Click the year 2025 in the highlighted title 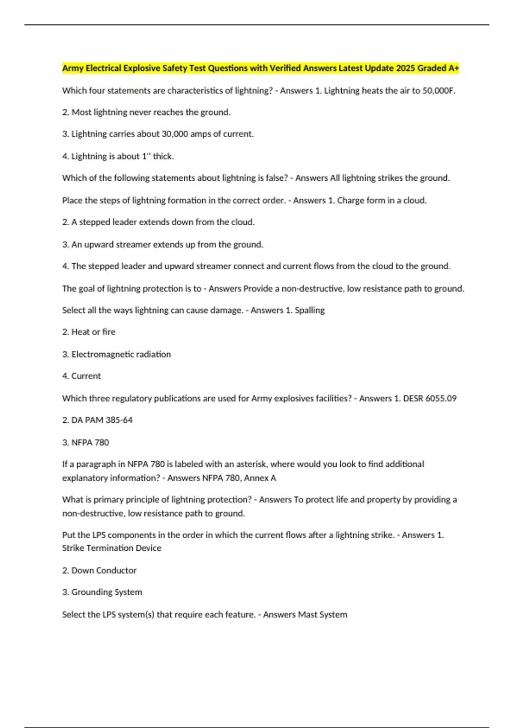point(406,68)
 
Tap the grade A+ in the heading point(454,68)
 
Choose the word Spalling point(310,310)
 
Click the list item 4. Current point(81,376)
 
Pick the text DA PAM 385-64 point(102,420)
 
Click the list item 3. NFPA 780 point(86,443)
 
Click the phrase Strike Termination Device point(112,548)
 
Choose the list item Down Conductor point(104,571)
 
